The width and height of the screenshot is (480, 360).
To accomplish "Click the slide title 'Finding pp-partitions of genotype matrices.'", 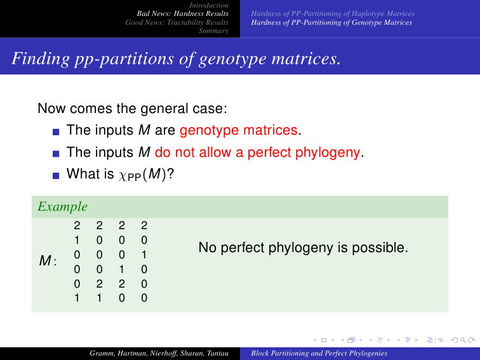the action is coord(176,58).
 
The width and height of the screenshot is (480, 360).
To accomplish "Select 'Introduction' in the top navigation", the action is coord(209,5).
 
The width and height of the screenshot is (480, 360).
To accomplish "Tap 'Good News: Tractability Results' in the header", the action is coord(177,22).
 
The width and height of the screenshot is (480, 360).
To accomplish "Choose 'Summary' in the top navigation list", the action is coord(213,30).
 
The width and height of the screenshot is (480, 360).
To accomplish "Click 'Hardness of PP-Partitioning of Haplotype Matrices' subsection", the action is coord(333,13).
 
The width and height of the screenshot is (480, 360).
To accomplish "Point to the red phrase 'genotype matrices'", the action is coord(239,130).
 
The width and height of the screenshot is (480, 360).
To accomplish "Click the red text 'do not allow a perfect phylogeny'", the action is coord(257,152).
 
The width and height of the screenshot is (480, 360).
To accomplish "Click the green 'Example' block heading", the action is coord(62,206).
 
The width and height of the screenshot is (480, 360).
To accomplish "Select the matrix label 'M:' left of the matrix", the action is coord(48,261).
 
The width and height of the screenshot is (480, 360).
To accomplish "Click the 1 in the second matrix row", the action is coord(77,240).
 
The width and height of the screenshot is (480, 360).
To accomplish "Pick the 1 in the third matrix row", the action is coord(144,255).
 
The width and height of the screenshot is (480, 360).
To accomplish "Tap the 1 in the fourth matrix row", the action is coord(121,269).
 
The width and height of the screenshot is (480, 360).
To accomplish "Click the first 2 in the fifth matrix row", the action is coord(99,284).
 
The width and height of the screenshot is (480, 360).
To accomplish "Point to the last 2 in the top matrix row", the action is coord(144,225).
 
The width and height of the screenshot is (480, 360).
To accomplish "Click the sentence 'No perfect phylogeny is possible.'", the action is coord(303,248).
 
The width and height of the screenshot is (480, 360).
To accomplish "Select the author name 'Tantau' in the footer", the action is coord(218,353).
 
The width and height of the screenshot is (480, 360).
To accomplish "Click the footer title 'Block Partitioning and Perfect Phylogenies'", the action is coord(319,353).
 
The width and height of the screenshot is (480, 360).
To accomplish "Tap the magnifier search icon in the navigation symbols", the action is coord(463,340).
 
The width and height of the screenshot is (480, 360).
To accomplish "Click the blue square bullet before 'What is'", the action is coord(56,176).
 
